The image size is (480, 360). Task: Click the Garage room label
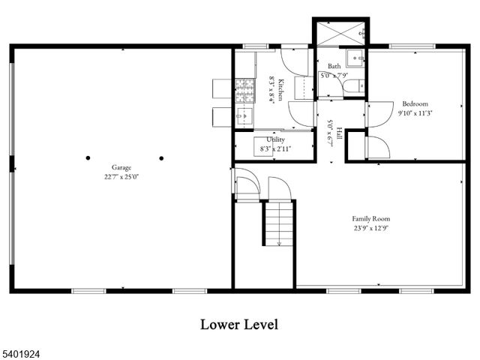[121, 167]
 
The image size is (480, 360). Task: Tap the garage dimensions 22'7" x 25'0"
[121, 177]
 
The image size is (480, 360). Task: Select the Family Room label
[371, 219]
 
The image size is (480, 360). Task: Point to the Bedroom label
[415, 103]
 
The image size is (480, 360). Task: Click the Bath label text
[334, 67]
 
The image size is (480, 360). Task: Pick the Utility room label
[275, 140]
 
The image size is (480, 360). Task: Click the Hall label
[339, 132]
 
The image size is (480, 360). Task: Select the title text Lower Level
[239, 324]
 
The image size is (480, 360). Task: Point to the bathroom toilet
[352, 88]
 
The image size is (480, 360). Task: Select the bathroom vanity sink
[355, 59]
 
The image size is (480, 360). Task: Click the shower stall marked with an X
[339, 33]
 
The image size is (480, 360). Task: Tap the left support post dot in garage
[88, 158]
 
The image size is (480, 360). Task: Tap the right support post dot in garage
[161, 158]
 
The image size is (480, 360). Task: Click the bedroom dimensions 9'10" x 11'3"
[415, 113]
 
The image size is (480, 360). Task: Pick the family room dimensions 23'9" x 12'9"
[371, 229]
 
